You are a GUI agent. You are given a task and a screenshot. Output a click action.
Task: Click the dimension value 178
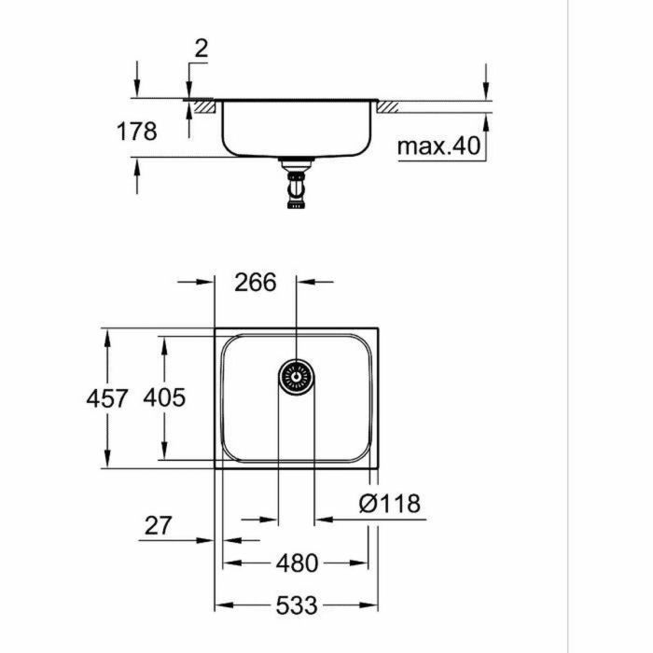tap(136, 132)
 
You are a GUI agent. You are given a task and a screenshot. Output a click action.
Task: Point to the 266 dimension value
tap(256, 281)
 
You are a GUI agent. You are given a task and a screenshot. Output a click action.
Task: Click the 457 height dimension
tap(107, 398)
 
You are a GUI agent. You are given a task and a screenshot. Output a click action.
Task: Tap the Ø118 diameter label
tap(390, 505)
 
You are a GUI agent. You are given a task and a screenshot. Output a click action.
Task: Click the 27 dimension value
tap(159, 526)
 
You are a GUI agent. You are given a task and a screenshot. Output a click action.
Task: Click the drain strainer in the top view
tap(297, 377)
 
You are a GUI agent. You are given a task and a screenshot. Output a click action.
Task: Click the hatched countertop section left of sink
tap(204, 107)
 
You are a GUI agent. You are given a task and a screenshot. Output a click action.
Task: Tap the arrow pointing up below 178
tap(137, 166)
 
